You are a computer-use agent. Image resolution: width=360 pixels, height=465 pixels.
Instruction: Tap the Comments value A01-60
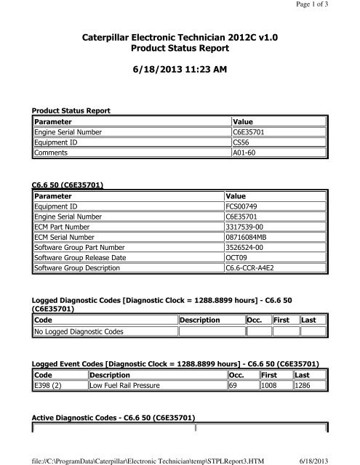(x=245, y=154)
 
